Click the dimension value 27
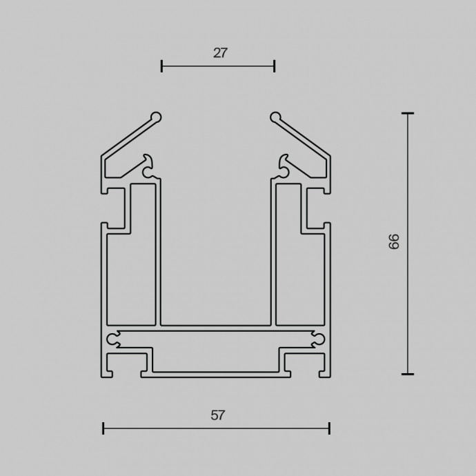220,53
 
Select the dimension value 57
218,415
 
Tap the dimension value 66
394,241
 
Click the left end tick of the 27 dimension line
161,66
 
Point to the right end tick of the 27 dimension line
275,66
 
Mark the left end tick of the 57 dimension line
103,428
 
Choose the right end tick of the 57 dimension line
329,428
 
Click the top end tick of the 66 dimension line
408,113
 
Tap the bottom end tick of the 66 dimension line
408,374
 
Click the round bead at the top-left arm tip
157,117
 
